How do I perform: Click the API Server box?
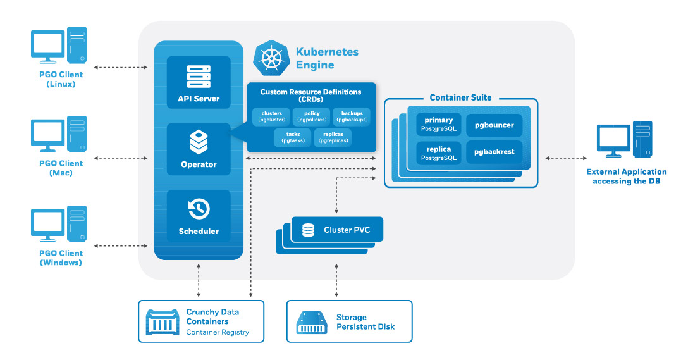point(199,82)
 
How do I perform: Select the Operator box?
point(199,149)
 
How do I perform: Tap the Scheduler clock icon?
point(199,209)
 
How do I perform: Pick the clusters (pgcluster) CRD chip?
point(271,116)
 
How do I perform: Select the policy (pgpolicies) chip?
point(307,116)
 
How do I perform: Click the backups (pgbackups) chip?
point(352,116)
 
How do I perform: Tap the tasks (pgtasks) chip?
point(293,137)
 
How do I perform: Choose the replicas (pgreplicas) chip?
point(333,137)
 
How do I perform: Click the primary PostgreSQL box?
point(438,125)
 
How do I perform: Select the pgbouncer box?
point(494,125)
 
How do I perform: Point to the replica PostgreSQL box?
point(438,153)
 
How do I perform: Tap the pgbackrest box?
point(494,152)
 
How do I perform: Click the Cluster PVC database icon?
point(308,230)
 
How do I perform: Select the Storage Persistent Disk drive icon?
point(312,322)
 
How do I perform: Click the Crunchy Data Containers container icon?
point(163,322)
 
